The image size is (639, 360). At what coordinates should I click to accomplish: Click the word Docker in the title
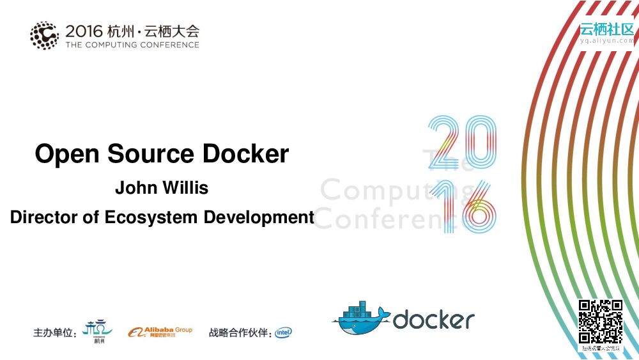pyautogui.click(x=246, y=155)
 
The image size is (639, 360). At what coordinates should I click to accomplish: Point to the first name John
pyautogui.click(x=133, y=189)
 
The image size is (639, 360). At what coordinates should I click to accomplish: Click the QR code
pyautogui.click(x=601, y=322)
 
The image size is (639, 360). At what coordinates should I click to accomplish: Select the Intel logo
pyautogui.click(x=284, y=333)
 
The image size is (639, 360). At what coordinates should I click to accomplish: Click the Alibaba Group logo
pyautogui.click(x=160, y=332)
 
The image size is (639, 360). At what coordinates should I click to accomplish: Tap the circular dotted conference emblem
pyautogui.click(x=44, y=35)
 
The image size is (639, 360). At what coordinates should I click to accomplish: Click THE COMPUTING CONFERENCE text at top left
pyautogui.click(x=132, y=45)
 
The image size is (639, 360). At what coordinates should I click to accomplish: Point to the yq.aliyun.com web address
pyautogui.click(x=606, y=40)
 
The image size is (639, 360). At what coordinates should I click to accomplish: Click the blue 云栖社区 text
pyautogui.click(x=606, y=29)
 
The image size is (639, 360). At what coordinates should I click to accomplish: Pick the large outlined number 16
pyautogui.click(x=461, y=206)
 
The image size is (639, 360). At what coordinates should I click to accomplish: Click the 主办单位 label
pyautogui.click(x=55, y=333)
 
